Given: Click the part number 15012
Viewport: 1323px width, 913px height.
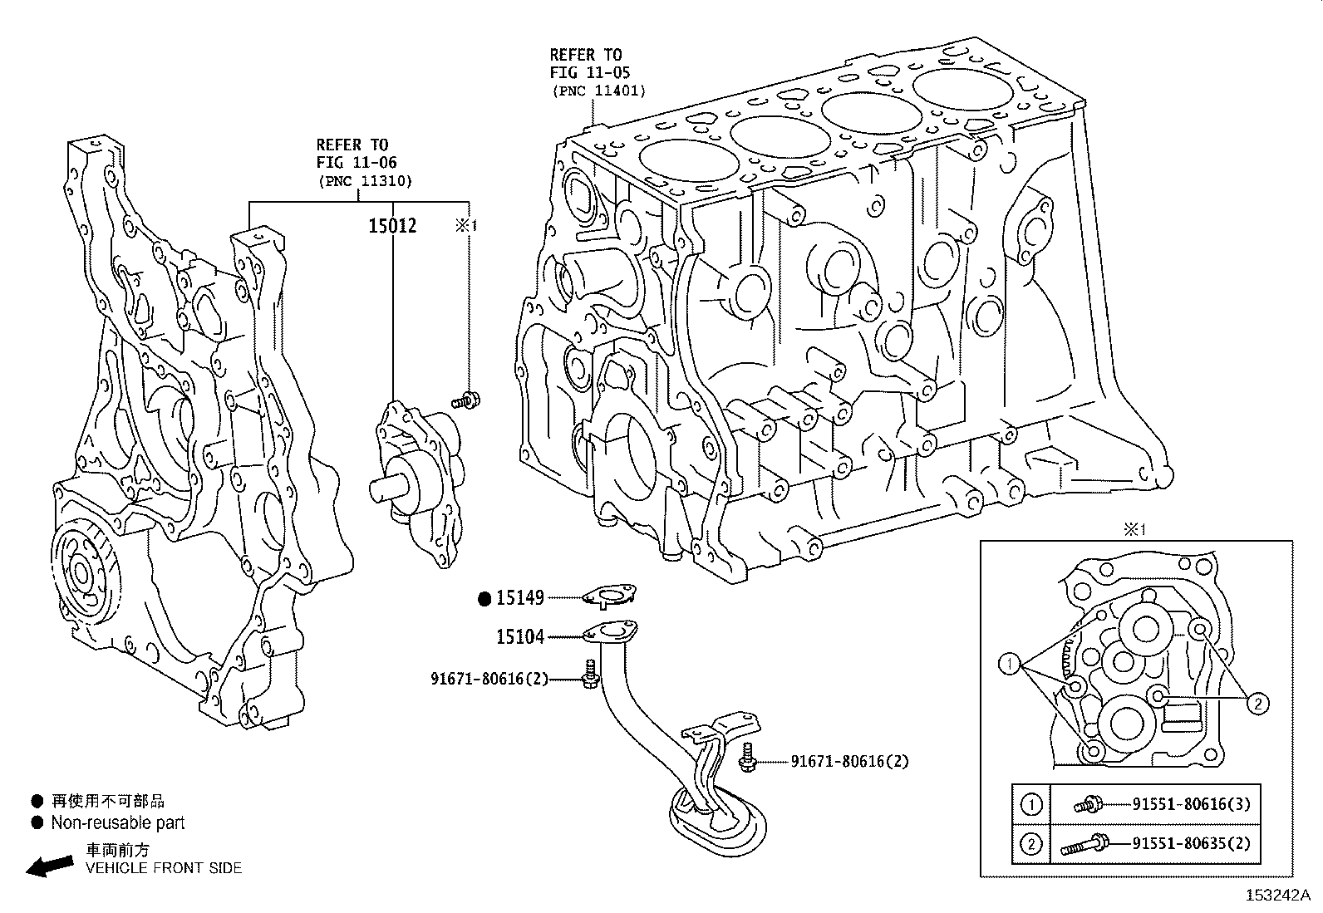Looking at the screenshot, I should point(392,226).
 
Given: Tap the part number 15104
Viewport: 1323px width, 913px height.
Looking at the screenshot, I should point(519,637).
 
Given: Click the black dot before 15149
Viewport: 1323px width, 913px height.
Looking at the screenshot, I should point(485,597).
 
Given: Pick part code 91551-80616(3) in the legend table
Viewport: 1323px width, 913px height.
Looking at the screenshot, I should point(1190,803).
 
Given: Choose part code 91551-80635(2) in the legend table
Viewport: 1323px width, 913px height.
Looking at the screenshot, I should point(1190,845).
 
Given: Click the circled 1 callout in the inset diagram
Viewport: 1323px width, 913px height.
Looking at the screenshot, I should point(1010,663).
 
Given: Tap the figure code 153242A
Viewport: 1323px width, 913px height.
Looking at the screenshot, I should point(1276,896).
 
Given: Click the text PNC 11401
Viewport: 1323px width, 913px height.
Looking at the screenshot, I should point(598,91).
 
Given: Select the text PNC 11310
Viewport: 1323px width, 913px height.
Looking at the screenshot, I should point(364,180).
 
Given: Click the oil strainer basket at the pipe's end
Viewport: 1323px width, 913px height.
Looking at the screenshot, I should point(715,822).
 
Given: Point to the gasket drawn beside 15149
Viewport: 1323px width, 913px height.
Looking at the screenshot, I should point(609,595).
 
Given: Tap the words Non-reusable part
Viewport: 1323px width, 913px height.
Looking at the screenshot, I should point(117,823).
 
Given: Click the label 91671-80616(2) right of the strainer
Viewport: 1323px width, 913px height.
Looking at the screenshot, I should point(849,761).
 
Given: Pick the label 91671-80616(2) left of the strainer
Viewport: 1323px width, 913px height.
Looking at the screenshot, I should point(489,679).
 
